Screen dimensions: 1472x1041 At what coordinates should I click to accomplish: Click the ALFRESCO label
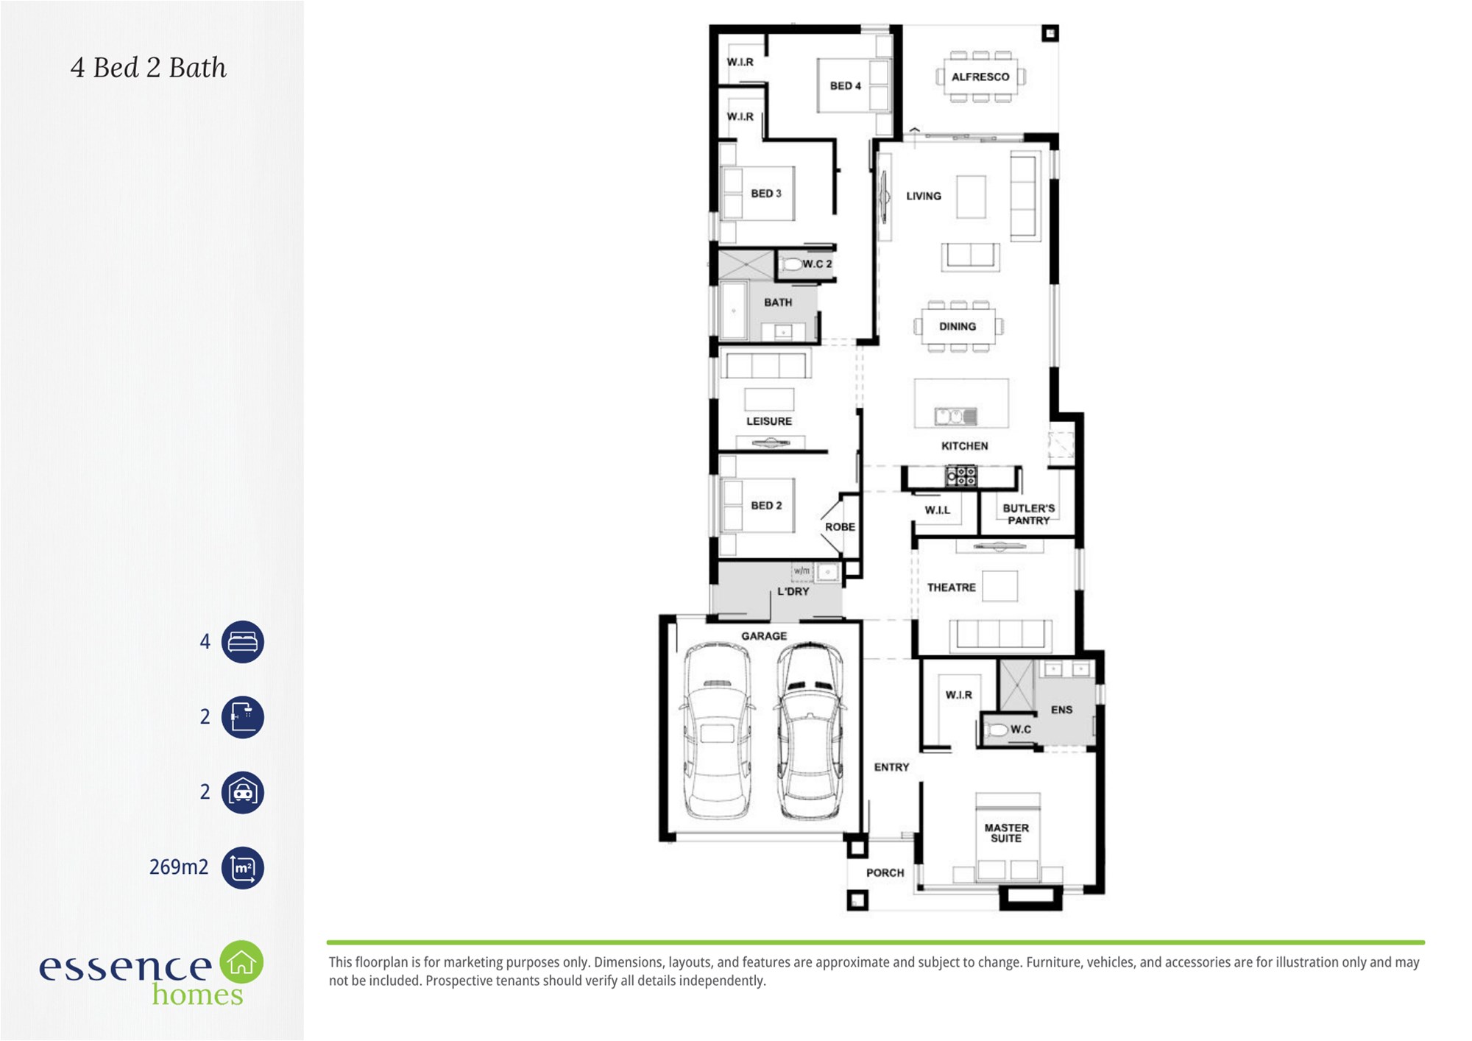(x=980, y=77)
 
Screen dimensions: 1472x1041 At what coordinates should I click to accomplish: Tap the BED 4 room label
(x=846, y=86)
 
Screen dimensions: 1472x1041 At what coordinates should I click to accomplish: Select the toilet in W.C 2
(x=791, y=264)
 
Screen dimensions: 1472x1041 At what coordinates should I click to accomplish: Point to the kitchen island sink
(x=956, y=417)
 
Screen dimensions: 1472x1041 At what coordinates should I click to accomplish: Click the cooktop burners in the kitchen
(x=961, y=476)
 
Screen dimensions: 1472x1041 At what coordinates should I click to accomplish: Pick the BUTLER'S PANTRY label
(x=1029, y=514)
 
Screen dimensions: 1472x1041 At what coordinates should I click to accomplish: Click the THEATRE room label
(x=952, y=587)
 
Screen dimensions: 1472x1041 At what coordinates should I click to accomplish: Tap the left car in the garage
(x=718, y=730)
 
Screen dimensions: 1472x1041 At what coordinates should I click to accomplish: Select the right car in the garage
(x=810, y=730)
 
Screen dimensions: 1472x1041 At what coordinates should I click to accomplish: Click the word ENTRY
(x=892, y=767)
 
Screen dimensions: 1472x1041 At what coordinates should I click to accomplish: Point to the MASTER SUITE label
(x=1007, y=833)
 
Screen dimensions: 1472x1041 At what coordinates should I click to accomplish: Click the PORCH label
(x=885, y=873)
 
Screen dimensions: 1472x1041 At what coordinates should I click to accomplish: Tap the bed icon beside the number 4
(x=243, y=642)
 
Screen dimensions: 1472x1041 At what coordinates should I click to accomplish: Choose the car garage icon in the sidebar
(x=243, y=792)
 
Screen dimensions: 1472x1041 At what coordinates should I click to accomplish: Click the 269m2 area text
(x=179, y=867)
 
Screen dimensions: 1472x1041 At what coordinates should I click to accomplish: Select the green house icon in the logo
(x=241, y=961)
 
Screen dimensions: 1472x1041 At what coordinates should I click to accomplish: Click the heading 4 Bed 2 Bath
(x=149, y=68)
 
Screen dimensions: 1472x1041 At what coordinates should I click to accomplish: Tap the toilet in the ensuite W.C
(x=997, y=730)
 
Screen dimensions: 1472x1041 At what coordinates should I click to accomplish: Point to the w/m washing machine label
(x=802, y=571)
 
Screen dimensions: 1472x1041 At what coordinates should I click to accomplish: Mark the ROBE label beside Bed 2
(x=841, y=527)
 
